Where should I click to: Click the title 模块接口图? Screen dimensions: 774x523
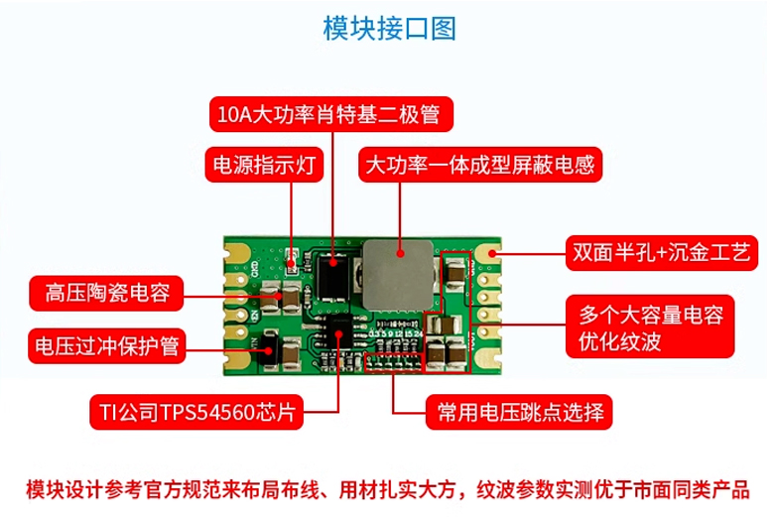389,28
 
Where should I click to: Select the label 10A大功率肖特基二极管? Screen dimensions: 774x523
331,114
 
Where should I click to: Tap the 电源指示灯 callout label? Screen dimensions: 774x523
264,165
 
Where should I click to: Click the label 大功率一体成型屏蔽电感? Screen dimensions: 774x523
480,165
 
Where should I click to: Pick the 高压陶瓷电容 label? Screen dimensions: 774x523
106,294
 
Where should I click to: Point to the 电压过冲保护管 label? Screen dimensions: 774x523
106,346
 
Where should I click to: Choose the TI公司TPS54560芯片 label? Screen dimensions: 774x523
196,412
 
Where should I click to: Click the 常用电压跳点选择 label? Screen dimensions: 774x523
519,412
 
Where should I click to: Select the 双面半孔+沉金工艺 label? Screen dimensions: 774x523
662,253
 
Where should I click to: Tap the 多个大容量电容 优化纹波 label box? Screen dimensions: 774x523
650,327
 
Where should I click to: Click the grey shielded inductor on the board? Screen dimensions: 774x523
398,275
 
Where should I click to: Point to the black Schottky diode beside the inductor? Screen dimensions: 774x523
332,276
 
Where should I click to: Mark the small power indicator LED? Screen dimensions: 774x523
292,258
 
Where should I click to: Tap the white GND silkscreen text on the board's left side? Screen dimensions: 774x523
255,268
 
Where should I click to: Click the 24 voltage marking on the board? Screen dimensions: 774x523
418,334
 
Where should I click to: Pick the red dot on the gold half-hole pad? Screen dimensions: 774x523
492,254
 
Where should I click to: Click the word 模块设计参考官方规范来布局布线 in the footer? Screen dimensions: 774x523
173,490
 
